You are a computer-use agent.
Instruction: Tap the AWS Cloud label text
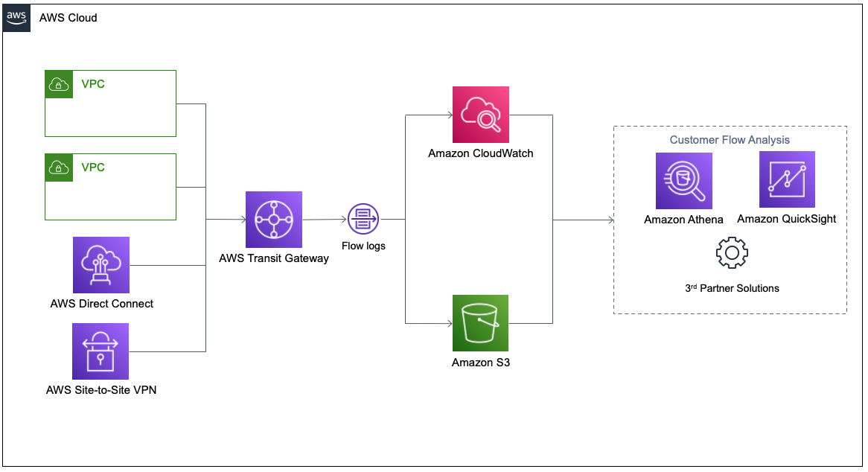(68, 17)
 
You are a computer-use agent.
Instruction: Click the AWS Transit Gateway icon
(274, 220)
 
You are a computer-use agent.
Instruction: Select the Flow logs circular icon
(363, 220)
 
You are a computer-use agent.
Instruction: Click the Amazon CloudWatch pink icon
(481, 115)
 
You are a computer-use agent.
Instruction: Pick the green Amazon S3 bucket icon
(481, 322)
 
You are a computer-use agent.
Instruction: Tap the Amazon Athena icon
(683, 181)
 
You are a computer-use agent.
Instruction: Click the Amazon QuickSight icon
(787, 179)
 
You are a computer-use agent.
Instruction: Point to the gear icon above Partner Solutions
(732, 253)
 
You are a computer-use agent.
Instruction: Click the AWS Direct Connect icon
(101, 265)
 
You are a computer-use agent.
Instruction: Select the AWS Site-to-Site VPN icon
(101, 351)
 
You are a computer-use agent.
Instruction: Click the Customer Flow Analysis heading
(730, 140)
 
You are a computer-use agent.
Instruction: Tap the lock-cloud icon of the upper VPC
(58, 84)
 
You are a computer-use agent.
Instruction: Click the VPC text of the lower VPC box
(93, 168)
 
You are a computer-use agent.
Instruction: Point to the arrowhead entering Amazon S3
(450, 323)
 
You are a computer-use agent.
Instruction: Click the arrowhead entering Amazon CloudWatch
(450, 115)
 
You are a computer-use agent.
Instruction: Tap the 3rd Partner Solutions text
(732, 288)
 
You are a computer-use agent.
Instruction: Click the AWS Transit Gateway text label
(274, 258)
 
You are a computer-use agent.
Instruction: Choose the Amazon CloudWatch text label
(481, 154)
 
